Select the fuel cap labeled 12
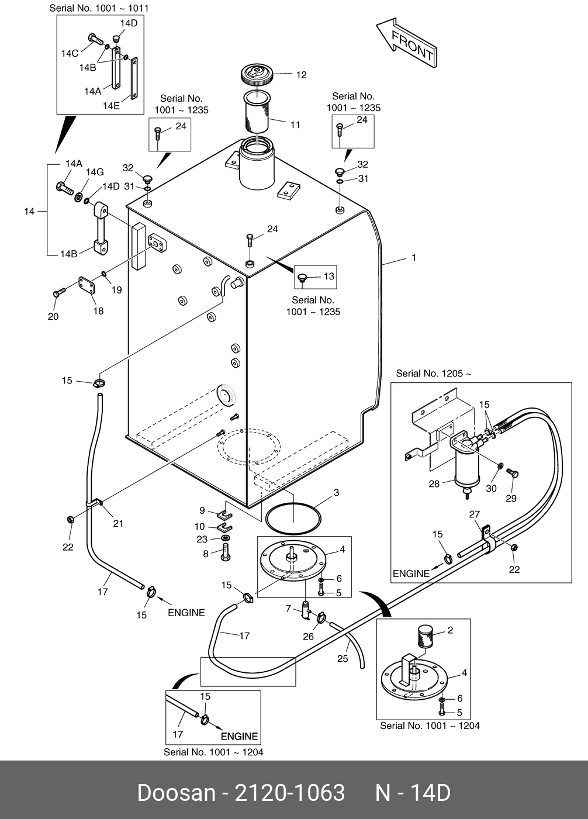point(257,75)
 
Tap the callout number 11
point(295,125)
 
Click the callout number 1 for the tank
point(414,257)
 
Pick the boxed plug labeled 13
point(303,277)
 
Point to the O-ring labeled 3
point(293,518)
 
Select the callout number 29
point(511,499)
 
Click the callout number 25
point(343,659)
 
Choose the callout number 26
point(308,637)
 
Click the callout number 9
point(202,510)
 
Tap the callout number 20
point(53,317)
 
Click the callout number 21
point(118,523)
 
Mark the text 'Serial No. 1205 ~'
point(433,374)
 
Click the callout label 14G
point(95,172)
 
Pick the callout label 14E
point(111,106)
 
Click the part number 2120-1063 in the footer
point(289,793)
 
